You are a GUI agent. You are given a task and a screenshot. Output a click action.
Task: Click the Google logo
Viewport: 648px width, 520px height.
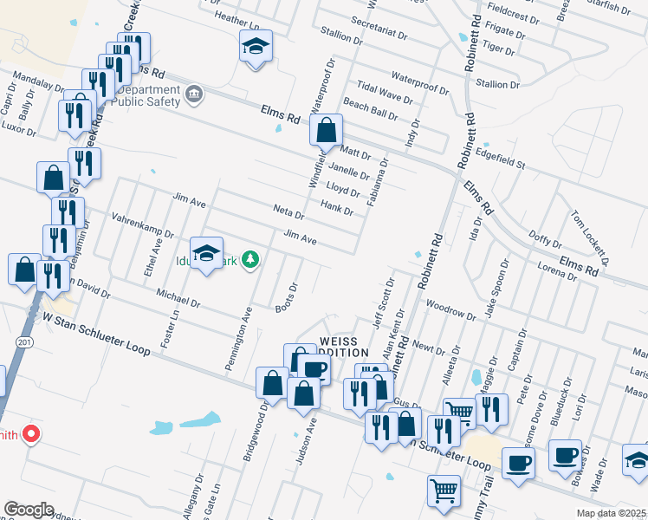coord(29,510)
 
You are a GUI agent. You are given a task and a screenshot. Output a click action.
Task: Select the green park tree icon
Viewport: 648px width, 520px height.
coord(250,259)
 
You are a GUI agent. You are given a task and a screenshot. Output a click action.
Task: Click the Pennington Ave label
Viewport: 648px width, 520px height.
coord(239,338)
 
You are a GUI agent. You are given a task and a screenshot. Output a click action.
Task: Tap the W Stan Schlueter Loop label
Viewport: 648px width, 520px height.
coord(98,334)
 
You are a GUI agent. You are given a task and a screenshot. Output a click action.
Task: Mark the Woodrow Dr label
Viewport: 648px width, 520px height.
coord(451,310)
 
